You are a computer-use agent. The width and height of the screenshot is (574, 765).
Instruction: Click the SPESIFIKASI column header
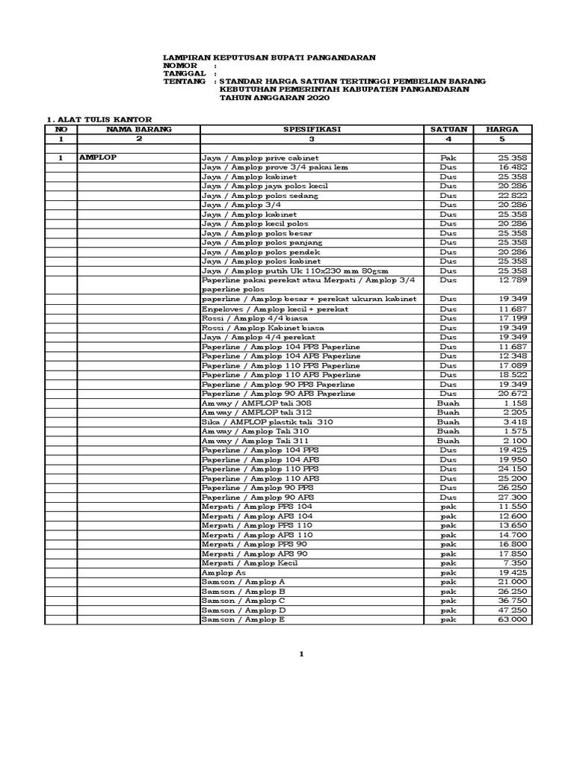312,129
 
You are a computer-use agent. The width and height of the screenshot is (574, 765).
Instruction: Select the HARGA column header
502,129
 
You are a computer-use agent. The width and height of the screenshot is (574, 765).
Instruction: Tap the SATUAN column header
448,129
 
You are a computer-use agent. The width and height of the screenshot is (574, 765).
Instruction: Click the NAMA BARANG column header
138,129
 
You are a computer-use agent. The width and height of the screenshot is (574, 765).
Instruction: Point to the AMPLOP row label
99,158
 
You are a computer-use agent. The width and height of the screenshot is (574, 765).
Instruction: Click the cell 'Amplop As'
224,572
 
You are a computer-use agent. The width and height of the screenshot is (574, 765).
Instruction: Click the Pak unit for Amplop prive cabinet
448,158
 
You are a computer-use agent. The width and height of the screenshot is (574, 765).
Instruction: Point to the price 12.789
513,279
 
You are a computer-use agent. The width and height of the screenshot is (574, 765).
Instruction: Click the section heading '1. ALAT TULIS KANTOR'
100,120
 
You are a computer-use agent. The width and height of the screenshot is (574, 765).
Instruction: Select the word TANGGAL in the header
184,73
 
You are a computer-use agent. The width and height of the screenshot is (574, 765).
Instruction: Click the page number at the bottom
301,654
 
